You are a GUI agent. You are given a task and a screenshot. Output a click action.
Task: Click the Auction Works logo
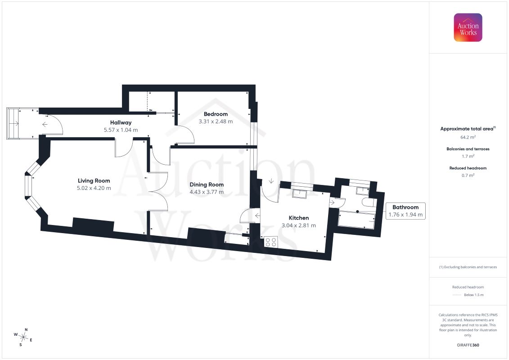pos(468,27)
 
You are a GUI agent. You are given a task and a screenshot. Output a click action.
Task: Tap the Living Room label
pos(94,181)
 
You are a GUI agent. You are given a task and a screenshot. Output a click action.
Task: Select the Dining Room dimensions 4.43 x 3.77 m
pos(207,192)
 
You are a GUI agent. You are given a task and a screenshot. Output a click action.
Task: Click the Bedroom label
pos(216,114)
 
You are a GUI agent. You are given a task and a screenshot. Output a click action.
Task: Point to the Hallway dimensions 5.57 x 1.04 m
pos(121,130)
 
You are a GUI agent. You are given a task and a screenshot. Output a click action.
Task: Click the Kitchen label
pos(299,218)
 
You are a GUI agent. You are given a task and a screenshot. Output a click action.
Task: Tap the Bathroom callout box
pos(405,211)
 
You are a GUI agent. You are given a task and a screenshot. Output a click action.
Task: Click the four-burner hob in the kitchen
pos(271,242)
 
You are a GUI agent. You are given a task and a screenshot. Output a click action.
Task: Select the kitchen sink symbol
pos(300,194)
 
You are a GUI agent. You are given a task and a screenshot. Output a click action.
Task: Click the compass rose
pos(23,337)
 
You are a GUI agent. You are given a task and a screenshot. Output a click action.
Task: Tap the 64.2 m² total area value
pos(468,137)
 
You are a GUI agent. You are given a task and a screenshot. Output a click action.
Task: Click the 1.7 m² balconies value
pos(468,156)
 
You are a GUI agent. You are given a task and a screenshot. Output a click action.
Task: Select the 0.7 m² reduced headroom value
pos(468,175)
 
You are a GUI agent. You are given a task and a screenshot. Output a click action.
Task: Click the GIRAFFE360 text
pos(468,345)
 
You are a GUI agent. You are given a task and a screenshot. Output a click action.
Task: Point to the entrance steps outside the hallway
pos(14,123)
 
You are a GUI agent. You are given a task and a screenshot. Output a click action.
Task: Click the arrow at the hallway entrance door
pos(45,124)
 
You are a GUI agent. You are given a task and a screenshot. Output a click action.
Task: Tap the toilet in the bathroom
pos(369,202)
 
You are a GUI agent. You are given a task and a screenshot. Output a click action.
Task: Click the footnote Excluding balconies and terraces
pos(468,267)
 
